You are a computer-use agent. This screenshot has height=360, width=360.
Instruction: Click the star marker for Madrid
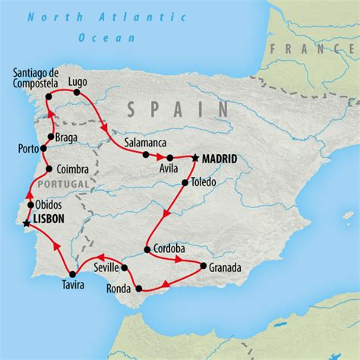point(195,158)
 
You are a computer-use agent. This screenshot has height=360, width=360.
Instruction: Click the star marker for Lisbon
point(27,223)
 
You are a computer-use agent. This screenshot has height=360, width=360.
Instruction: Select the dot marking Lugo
point(77,93)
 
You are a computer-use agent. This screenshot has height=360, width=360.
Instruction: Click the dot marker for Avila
point(169,158)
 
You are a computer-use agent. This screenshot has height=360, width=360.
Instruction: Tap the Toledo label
point(204,183)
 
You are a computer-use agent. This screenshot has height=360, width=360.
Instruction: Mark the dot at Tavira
point(72,273)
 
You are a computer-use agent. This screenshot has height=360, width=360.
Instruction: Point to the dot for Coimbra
point(49,169)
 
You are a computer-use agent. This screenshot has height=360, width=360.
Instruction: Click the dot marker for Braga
point(49,137)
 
